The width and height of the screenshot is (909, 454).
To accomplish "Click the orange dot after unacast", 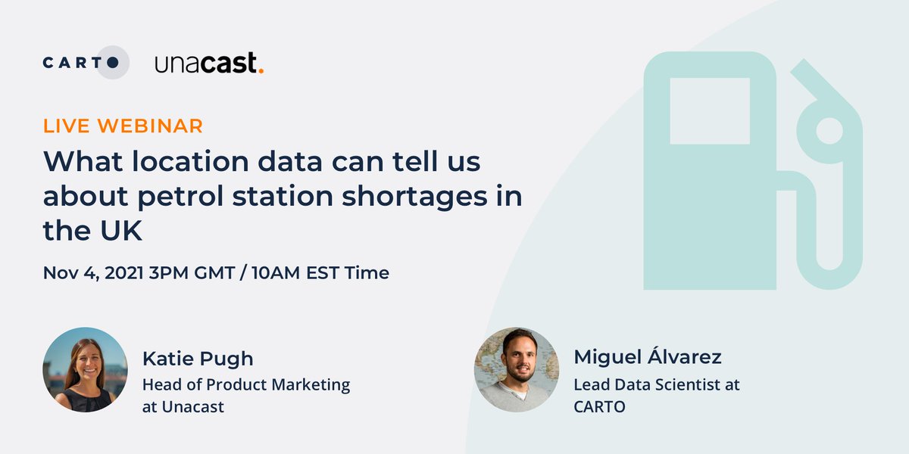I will (261, 71).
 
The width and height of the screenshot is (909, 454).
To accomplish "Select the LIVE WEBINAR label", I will (123, 126).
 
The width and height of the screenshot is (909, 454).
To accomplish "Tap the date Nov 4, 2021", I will (92, 272).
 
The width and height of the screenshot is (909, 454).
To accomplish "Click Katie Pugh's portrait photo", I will (85, 369).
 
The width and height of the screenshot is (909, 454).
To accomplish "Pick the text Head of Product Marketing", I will (245, 384).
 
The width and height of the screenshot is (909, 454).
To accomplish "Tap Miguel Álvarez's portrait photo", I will (517, 369).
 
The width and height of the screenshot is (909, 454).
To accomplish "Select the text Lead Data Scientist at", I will (656, 384).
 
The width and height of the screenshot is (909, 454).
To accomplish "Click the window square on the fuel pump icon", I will (710, 110).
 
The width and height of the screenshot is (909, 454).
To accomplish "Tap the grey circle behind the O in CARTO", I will (114, 63).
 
